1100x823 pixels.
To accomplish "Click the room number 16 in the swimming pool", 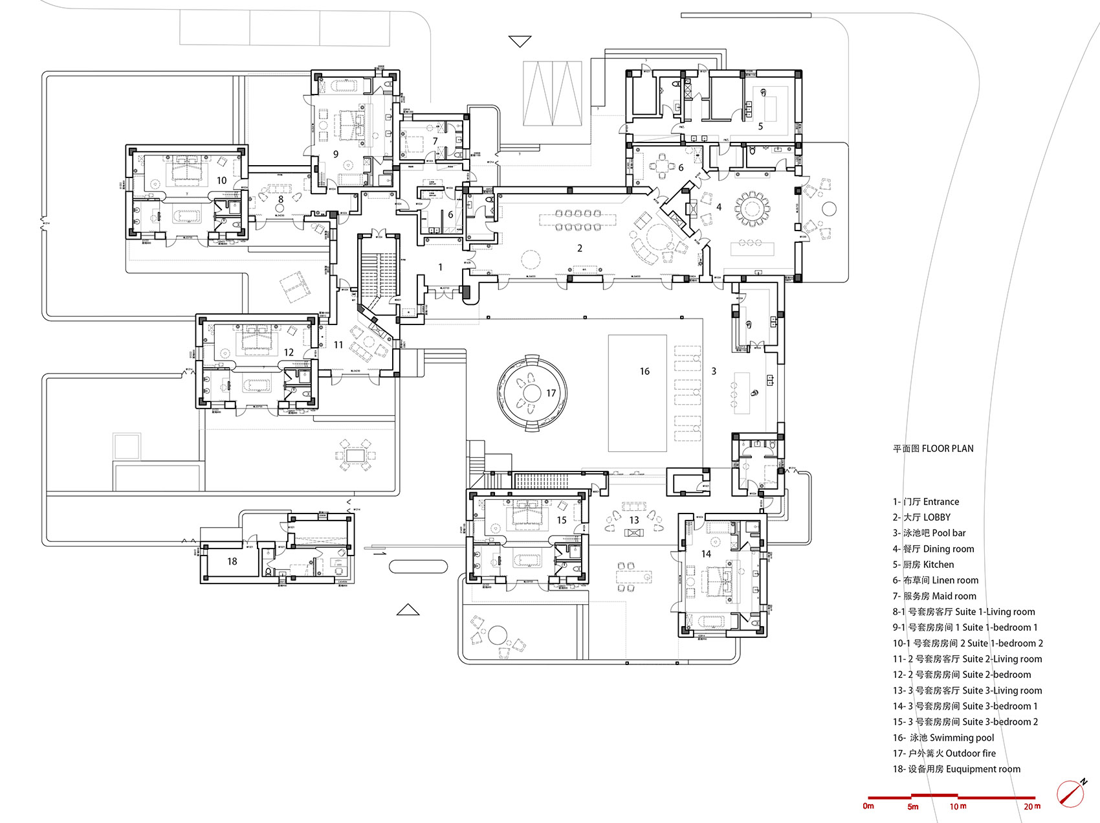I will [x=644, y=371].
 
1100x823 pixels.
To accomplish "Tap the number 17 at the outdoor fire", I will [x=551, y=393].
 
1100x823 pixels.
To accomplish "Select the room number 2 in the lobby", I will [x=580, y=248].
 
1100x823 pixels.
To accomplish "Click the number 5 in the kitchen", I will [x=760, y=126].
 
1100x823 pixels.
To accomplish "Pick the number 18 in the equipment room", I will [x=232, y=561].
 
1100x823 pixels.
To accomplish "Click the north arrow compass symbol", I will [x=1072, y=793].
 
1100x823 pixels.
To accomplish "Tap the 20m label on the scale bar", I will [x=1032, y=806].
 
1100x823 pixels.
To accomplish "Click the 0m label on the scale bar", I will [x=868, y=806].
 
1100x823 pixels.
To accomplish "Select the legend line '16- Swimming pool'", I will [x=943, y=738].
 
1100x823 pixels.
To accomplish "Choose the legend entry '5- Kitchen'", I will [x=923, y=565].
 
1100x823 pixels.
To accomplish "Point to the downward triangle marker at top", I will [x=520, y=41].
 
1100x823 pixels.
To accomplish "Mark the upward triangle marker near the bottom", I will [x=408, y=610].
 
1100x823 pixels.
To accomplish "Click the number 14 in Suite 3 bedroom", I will [x=706, y=554].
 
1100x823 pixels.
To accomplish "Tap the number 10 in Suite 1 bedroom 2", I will [x=221, y=181].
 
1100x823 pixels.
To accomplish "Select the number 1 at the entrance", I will [x=441, y=267].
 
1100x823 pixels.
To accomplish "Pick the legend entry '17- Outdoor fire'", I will [x=944, y=753].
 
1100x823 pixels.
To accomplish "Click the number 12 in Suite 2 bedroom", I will [x=289, y=352].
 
